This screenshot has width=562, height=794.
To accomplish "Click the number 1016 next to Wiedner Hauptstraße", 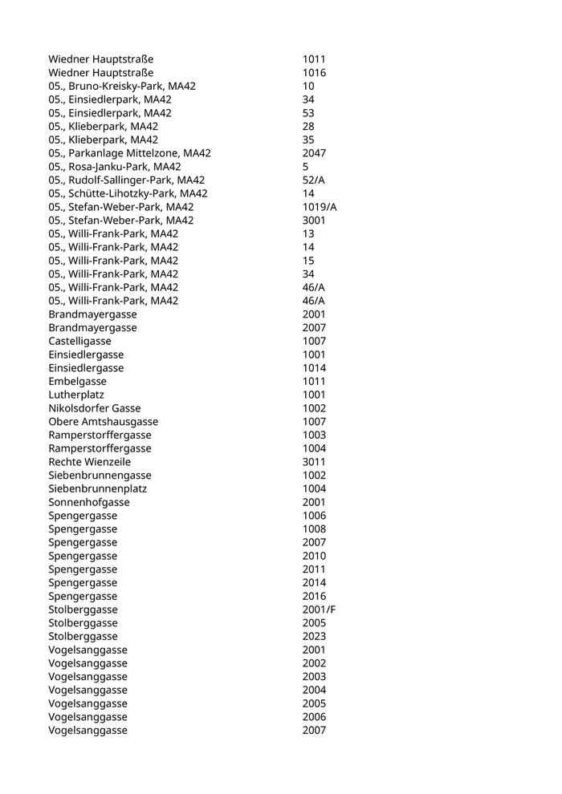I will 314,73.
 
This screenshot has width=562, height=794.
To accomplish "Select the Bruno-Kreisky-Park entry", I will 122,87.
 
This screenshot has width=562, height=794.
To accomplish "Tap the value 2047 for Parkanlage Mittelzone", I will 314,153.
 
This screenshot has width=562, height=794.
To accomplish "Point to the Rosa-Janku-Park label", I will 115,167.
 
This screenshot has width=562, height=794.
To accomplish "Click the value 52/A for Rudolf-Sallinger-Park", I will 314,180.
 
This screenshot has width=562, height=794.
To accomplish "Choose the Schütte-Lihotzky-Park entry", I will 128,193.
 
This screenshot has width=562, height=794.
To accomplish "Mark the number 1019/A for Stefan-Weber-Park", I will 320,207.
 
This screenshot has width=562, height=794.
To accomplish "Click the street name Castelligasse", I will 78,341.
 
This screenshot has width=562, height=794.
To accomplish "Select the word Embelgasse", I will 77,381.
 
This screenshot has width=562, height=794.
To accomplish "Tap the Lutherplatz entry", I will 76,395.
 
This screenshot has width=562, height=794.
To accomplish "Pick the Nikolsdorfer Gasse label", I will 95,408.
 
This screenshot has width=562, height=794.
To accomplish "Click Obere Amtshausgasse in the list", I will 103,421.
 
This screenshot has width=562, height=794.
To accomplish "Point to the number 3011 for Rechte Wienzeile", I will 314,462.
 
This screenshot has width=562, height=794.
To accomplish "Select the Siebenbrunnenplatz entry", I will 97,488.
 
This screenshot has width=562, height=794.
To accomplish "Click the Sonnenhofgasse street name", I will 88,502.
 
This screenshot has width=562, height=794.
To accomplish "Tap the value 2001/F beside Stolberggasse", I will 319,610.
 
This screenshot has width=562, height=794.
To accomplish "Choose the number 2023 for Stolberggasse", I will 314,636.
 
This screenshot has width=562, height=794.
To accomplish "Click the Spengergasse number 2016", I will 314,596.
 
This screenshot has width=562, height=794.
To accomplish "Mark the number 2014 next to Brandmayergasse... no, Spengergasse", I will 314,582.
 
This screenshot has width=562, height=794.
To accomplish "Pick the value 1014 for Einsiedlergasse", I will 314,368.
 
